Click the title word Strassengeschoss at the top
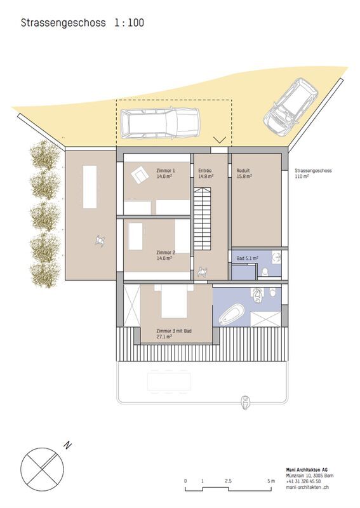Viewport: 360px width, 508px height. (63, 23)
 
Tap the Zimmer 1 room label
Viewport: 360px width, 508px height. (165, 170)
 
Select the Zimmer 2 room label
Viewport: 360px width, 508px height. (165, 252)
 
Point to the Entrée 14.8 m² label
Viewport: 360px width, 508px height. (206, 173)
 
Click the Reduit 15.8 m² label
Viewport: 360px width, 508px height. (244, 173)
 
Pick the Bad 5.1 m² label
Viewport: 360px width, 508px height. (247, 258)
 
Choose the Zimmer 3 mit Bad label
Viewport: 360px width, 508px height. (174, 331)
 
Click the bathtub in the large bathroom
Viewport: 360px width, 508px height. (231, 314)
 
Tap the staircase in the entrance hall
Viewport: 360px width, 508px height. (202, 218)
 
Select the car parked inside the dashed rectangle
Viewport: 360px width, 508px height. (159, 123)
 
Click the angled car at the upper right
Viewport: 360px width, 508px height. (290, 105)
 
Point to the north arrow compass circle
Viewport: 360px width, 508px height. (42, 469)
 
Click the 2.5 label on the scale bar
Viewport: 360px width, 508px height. (228, 481)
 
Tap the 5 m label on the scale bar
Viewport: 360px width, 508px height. (271, 481)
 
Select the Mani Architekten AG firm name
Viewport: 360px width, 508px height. (307, 470)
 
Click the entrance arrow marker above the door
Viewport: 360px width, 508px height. (220, 140)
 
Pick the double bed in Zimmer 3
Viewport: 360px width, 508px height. (174, 301)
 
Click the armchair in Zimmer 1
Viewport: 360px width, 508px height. (139, 175)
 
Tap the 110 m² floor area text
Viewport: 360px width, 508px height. (302, 177)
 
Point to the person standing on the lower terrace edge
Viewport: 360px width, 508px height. (246, 403)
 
